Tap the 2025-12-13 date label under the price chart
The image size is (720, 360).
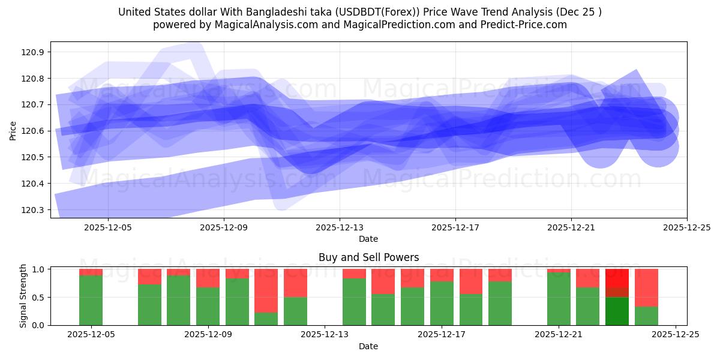[340, 227]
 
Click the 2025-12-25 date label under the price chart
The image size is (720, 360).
[686, 227]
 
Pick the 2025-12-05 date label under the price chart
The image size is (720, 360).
[108, 227]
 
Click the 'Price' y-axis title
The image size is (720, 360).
[13, 130]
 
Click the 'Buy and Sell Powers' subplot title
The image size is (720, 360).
[368, 258]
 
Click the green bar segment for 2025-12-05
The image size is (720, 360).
[91, 300]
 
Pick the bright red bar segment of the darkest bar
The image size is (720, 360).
[617, 277]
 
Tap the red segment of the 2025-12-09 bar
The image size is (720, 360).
[208, 278]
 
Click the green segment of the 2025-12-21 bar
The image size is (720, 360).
[559, 298]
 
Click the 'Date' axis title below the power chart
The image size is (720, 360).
[368, 346]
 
